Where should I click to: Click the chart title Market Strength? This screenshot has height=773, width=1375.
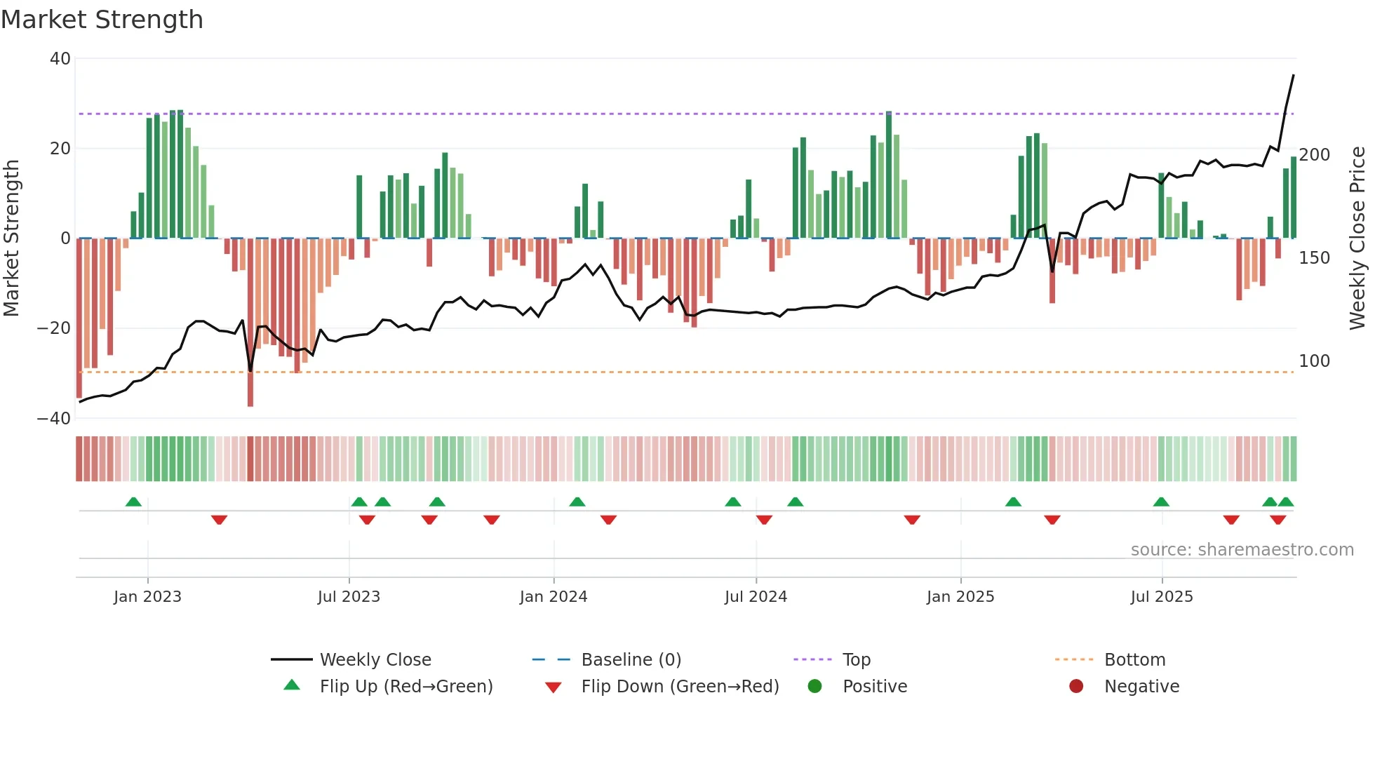coord(102,20)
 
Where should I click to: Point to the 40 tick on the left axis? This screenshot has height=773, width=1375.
coord(60,59)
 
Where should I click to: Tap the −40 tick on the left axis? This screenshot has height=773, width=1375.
coord(54,419)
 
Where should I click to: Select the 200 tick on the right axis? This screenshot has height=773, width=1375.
coord(1314,155)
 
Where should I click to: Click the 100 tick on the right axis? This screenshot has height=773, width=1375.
coord(1314,361)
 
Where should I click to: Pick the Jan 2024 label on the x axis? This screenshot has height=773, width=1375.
coord(554,597)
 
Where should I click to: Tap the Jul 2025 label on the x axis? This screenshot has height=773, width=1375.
coord(1162,597)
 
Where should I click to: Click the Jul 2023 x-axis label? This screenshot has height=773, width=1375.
coord(349,597)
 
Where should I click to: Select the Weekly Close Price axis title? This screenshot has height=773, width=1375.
coord(1358,238)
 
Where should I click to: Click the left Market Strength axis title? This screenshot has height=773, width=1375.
coord(12,238)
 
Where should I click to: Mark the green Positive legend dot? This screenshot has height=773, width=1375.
coord(814,687)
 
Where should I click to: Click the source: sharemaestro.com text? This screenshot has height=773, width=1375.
coord(1242,550)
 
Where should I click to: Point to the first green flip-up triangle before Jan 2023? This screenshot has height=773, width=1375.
coord(133,502)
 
